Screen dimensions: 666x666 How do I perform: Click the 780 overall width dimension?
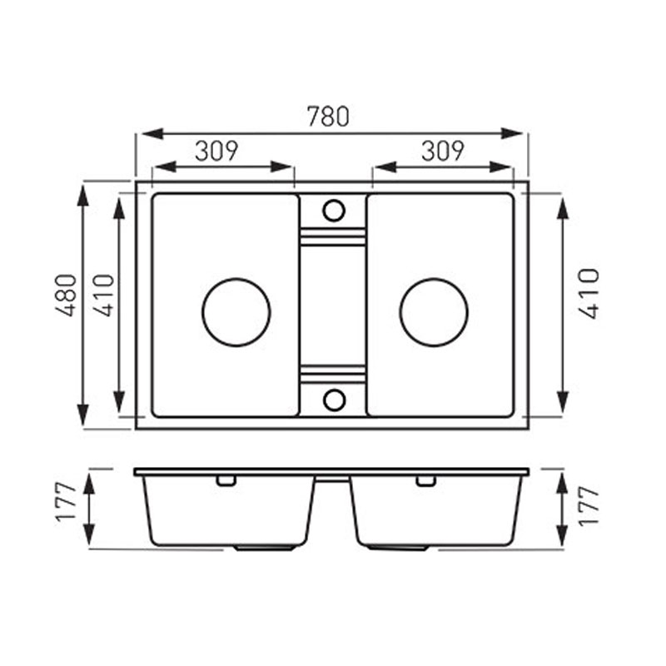click(x=328, y=117)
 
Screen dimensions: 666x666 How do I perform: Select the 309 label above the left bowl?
click(x=216, y=151)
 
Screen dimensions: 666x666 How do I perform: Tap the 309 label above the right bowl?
click(x=443, y=151)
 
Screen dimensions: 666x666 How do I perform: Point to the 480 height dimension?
click(x=67, y=296)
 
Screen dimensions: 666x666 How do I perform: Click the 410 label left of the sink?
click(x=104, y=296)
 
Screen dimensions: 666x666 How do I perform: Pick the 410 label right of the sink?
click(x=589, y=293)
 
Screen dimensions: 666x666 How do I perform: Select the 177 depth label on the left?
click(x=67, y=502)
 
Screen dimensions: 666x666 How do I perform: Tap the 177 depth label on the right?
click(x=589, y=506)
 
